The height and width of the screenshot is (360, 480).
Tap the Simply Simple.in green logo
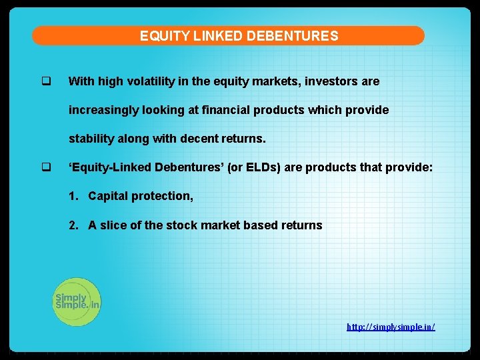pos(77,302)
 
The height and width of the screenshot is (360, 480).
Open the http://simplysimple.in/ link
pos(391,327)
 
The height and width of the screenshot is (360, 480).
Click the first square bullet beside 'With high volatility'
pos(46,81)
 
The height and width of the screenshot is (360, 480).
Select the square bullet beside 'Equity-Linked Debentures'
pos(46,167)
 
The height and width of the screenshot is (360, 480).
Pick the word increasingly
pos(104,110)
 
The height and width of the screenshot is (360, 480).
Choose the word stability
pos(91,139)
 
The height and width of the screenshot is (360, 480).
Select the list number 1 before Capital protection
pos(73,196)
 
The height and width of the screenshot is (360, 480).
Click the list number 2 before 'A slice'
pos(73,225)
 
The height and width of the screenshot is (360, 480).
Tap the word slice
pos(113,225)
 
